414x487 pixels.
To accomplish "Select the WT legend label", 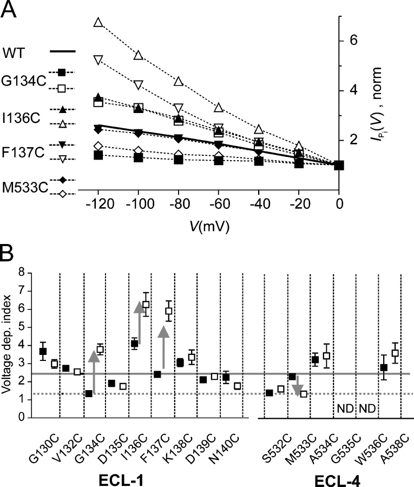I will click(x=16, y=52).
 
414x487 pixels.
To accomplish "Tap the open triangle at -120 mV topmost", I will click(x=98, y=22).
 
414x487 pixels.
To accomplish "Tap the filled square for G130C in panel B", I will click(x=43, y=352).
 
